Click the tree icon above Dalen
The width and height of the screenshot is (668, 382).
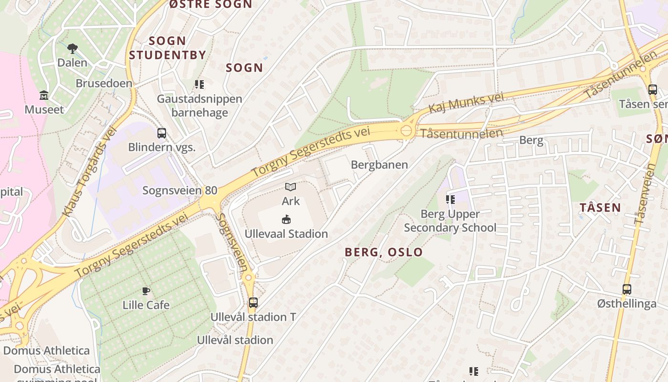(x=73, y=48)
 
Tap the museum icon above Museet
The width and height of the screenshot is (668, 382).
(x=44, y=95)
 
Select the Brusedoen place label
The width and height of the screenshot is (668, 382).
(x=104, y=83)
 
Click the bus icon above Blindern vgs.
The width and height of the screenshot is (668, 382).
(x=162, y=133)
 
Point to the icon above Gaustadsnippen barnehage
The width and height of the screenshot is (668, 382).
(x=199, y=85)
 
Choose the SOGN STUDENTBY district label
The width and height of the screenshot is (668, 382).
(x=167, y=48)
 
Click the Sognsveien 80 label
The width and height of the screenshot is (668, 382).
(x=180, y=191)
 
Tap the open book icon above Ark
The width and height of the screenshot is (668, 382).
(x=291, y=187)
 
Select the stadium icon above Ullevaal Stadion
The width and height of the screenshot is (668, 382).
(x=286, y=220)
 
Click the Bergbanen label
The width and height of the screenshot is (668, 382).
(x=379, y=165)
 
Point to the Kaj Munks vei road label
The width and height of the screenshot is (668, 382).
(x=466, y=103)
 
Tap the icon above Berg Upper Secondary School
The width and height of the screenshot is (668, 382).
(x=450, y=199)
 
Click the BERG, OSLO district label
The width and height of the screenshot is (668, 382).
(x=384, y=252)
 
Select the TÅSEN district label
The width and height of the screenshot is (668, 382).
(x=600, y=208)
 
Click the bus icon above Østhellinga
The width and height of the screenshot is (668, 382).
(x=626, y=289)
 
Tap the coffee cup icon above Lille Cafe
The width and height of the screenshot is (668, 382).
(x=146, y=291)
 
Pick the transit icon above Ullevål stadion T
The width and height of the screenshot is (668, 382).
(x=253, y=302)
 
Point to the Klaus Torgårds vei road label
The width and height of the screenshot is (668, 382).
(x=90, y=170)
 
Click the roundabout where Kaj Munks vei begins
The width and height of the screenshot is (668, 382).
(x=406, y=130)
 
